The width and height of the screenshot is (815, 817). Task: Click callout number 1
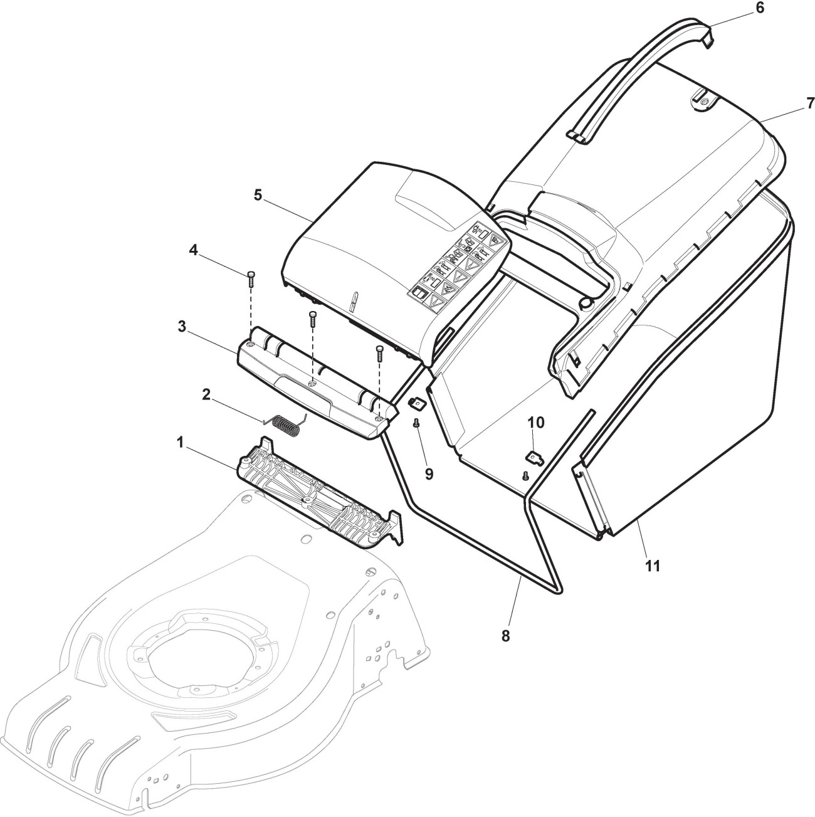[180, 443]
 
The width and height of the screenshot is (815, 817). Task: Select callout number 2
[206, 394]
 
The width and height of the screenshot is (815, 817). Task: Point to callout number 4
[194, 250]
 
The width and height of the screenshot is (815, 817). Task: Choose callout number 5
[258, 195]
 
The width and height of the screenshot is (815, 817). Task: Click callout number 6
[760, 8]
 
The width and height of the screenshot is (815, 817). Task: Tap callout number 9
[429, 473]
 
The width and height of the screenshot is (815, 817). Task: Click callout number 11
[653, 566]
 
